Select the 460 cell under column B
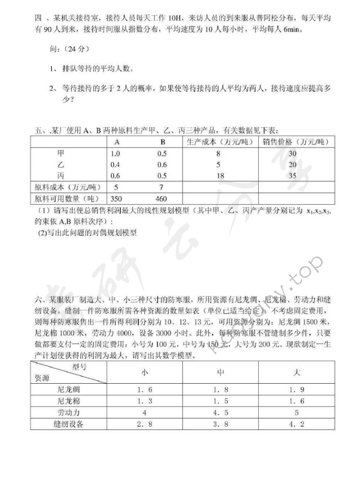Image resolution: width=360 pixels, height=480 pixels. pos(161,198)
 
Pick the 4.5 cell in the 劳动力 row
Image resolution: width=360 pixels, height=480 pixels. pos(221,412)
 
